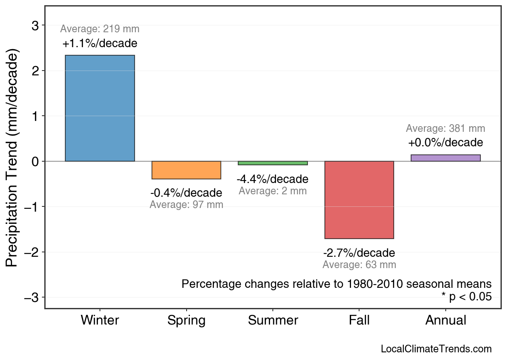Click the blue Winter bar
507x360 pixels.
pyautogui.click(x=100, y=108)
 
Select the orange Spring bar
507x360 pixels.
pyautogui.click(x=186, y=170)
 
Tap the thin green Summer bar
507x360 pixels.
pyautogui.click(x=273, y=163)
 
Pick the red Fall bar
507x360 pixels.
pyautogui.click(x=359, y=200)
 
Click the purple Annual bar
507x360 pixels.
pyautogui.click(x=445, y=158)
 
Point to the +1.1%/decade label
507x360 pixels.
pyautogui.click(x=100, y=44)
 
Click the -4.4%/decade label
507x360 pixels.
pyautogui.click(x=272, y=179)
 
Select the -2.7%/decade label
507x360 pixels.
pyautogui.click(x=359, y=253)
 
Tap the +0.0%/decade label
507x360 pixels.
pyautogui.click(x=445, y=143)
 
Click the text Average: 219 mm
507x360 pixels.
pyautogui.click(x=100, y=29)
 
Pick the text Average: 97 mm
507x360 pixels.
pyautogui.click(x=186, y=205)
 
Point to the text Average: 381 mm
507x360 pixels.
pyautogui.click(x=445, y=129)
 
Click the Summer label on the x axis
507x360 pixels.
pyautogui.click(x=273, y=320)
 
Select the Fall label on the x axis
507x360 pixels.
pyautogui.click(x=359, y=320)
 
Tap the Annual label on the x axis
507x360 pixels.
pyautogui.click(x=446, y=320)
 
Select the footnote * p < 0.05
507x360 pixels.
pyautogui.click(x=466, y=297)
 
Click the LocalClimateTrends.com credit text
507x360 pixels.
pyautogui.click(x=436, y=349)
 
